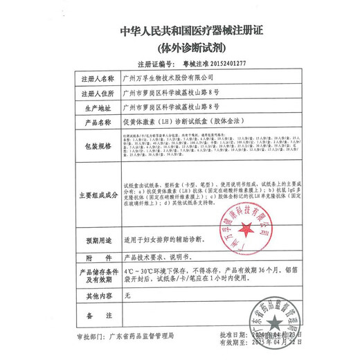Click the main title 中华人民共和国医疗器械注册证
(x=180, y=31)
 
